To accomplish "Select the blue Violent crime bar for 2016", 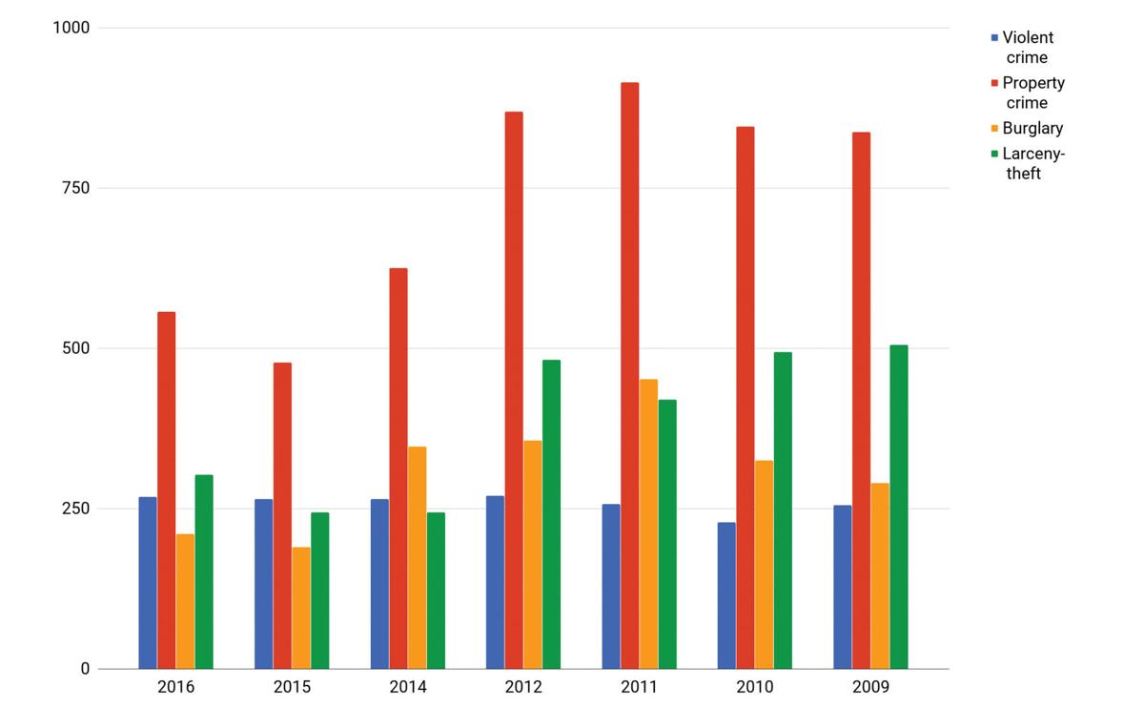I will pos(148,583).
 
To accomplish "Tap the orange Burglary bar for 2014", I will pos(417,557).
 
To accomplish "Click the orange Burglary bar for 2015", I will pos(301,608).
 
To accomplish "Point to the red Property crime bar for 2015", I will pos(282,515).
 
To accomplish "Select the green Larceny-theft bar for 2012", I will pos(551,514).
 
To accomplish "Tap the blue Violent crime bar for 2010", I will pos(726,595).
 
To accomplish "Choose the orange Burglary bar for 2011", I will pos(648,524).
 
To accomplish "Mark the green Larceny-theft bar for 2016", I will pos(204,572).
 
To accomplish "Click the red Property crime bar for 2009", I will pos(861,401).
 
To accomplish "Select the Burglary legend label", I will pos(1032,128).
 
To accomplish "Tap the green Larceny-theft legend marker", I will pos(994,154).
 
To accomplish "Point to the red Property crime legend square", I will pos(994,83).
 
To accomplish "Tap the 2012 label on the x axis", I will pos(523,687).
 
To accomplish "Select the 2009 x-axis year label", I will pos(870,687).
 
